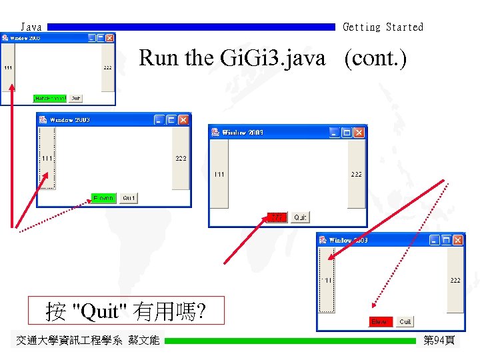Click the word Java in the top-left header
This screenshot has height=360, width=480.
tap(31, 27)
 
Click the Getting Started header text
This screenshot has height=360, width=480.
tap(383, 27)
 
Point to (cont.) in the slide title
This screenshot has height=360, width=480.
tap(375, 59)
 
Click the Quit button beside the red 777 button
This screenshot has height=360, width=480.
tap(301, 217)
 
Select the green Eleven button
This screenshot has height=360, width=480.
tap(103, 198)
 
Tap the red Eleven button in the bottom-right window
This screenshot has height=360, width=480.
tap(380, 322)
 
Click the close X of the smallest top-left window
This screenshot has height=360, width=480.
tap(110, 38)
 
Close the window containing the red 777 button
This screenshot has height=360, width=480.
tap(359, 133)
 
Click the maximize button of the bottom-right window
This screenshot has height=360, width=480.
tap(446, 240)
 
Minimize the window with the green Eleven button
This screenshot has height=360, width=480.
tap(159, 120)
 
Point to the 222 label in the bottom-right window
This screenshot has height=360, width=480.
tap(455, 281)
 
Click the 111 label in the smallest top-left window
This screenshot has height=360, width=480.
tap(7, 68)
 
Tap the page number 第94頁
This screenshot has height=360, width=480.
tap(439, 341)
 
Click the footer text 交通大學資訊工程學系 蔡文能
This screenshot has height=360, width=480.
tap(87, 341)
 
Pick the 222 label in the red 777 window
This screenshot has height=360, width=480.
tap(357, 175)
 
